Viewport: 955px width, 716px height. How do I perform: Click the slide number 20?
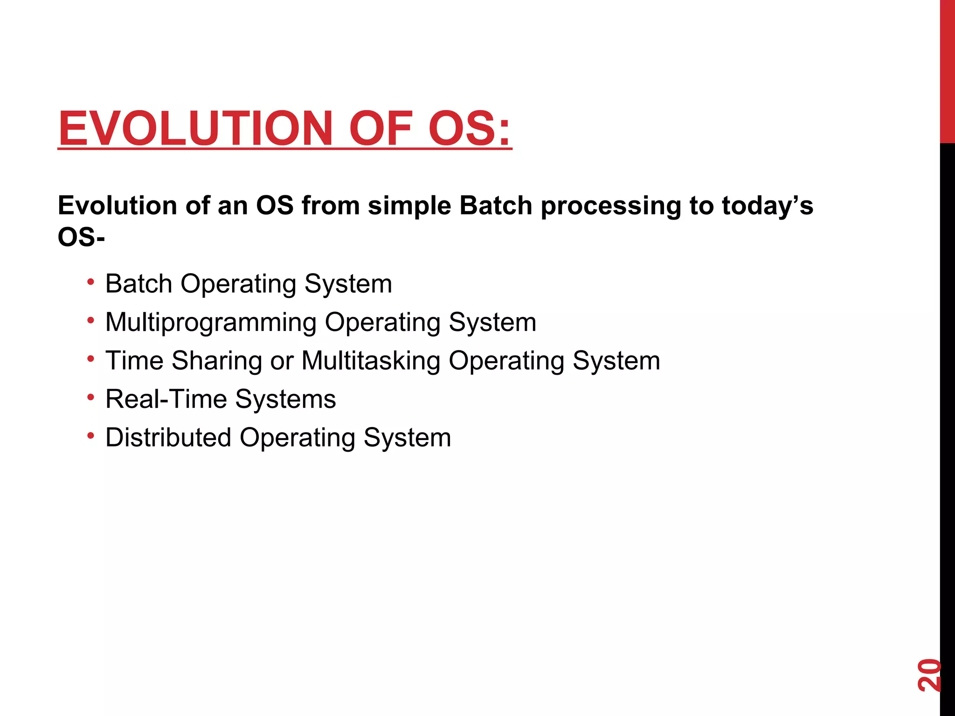928,675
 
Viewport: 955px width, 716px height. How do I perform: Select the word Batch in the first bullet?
138,283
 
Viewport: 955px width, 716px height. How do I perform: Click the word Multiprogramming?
211,323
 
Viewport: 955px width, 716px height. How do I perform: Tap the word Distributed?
168,437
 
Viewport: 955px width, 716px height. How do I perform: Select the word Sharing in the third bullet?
217,361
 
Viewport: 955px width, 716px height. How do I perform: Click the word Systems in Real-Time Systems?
285,399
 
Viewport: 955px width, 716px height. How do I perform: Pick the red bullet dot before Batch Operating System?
91,282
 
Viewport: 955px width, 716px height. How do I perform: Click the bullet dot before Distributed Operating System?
91,436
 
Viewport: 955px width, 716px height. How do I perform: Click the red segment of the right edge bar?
947,70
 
